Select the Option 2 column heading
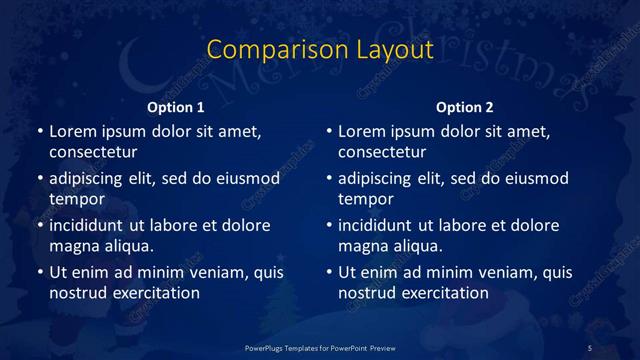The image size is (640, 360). pyautogui.click(x=464, y=107)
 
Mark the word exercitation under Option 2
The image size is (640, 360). pyautogui.click(x=443, y=292)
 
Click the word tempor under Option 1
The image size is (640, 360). pyautogui.click(x=75, y=198)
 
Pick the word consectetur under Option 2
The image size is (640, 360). pyautogui.click(x=382, y=151)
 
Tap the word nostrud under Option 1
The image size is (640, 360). pyautogui.click(x=77, y=292)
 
